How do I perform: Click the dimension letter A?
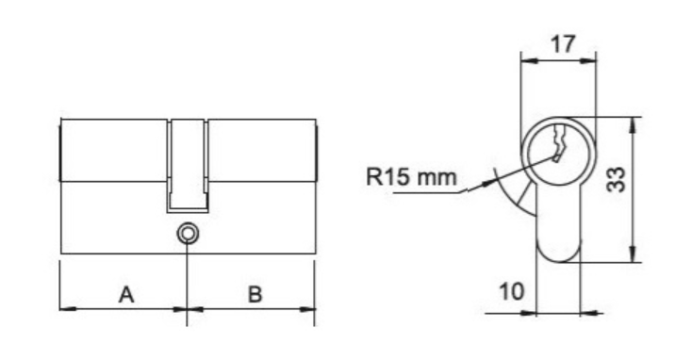126,295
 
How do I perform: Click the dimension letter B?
255,295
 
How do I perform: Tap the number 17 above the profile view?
563,44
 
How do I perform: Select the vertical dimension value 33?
616,179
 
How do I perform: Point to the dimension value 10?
511,291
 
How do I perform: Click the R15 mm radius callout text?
411,177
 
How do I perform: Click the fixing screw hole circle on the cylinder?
188,234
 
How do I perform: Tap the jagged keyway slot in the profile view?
559,143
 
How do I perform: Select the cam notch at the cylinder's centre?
188,166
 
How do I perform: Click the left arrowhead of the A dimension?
68,309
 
